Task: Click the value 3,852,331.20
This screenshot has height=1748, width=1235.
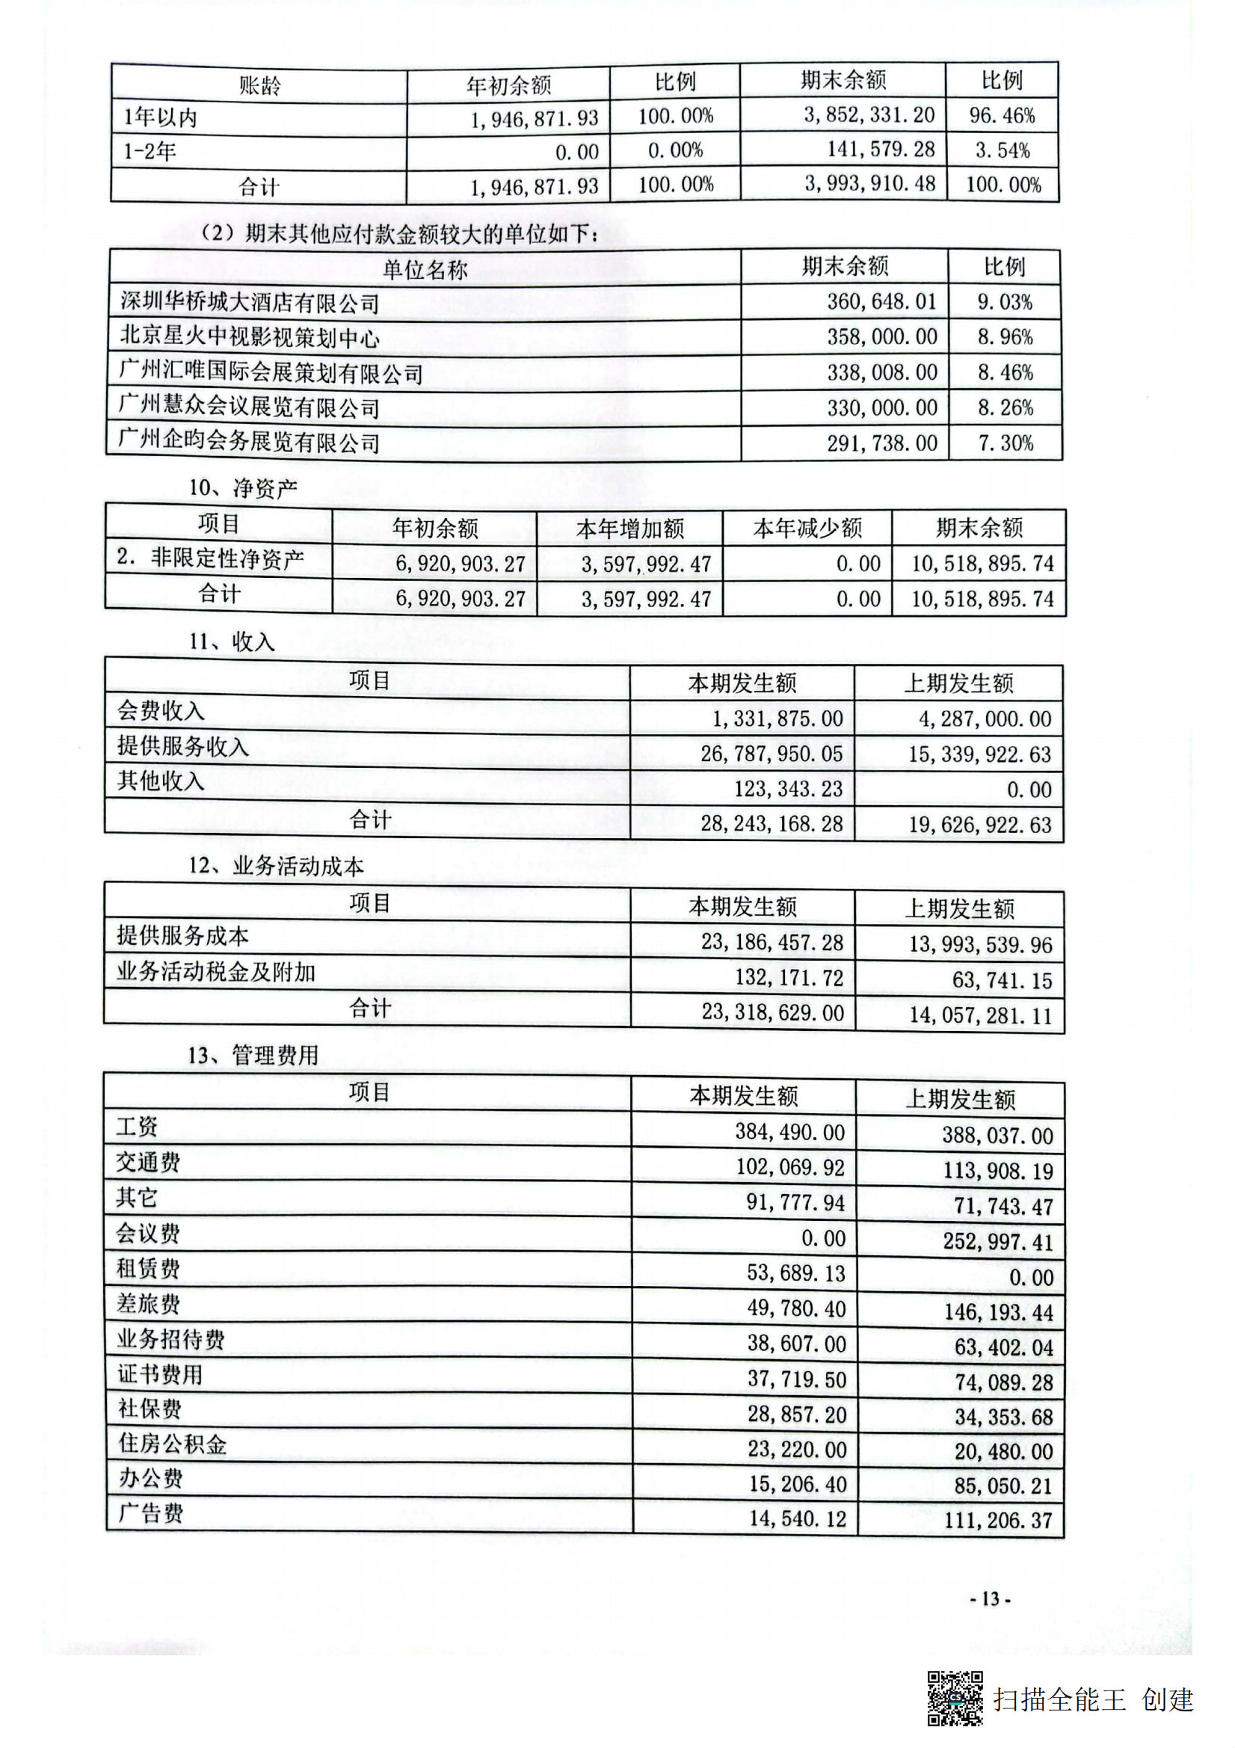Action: [x=869, y=115]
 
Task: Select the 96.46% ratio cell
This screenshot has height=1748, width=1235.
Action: [x=1001, y=116]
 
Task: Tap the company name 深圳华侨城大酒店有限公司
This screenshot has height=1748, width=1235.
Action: [x=249, y=302]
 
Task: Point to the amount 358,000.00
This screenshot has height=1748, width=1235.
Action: [x=881, y=337]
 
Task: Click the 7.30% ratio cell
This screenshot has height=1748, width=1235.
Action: [x=1005, y=443]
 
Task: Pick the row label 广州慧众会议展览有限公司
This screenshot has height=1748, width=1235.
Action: [x=249, y=407]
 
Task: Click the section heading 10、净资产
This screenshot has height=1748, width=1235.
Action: [x=243, y=488]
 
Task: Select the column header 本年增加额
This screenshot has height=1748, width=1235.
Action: [x=629, y=528]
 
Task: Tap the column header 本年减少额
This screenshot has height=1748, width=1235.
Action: [x=807, y=528]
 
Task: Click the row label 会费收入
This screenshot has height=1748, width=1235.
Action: [x=161, y=711]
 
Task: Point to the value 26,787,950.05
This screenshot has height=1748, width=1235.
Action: [x=772, y=754]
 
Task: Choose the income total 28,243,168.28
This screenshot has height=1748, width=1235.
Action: [x=772, y=824]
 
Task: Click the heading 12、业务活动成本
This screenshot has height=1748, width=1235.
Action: [x=276, y=866]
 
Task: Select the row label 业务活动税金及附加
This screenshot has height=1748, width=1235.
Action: [x=215, y=972]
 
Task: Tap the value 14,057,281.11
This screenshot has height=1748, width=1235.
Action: [x=980, y=1015]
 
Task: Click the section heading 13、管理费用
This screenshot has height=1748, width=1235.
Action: [x=253, y=1055]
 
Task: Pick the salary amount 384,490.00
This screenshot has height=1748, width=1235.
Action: [x=789, y=1132]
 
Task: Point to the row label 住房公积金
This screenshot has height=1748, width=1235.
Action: [x=172, y=1444]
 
